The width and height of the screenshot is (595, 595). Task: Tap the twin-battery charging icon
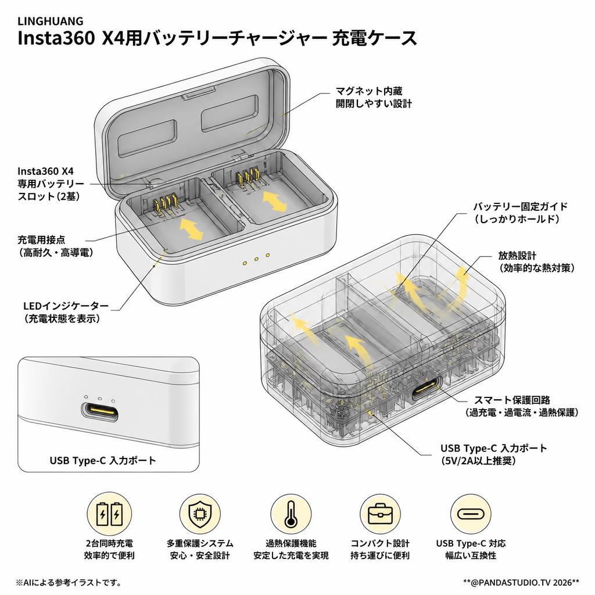pos(109,514)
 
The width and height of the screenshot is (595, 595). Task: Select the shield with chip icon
pos(200,514)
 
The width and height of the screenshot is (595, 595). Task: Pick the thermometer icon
pos(291,514)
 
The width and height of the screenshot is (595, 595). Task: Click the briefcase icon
pos(380,514)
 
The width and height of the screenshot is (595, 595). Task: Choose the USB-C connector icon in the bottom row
pos(471,514)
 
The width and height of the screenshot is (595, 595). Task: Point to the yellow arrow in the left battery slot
pos(191,229)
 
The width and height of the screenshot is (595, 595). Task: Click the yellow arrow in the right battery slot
pos(275,201)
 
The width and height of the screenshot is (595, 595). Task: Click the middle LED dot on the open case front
pos(256,259)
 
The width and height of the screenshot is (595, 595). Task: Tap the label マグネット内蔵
pos(369,91)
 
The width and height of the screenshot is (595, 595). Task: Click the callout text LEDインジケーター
pos(66,306)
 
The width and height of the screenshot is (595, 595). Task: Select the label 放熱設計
pos(517,256)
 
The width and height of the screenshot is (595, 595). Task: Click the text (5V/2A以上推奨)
pos(479,461)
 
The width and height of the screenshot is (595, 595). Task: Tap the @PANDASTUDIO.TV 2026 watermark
pos(521,582)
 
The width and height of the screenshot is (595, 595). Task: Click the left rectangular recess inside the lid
pos(147,138)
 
